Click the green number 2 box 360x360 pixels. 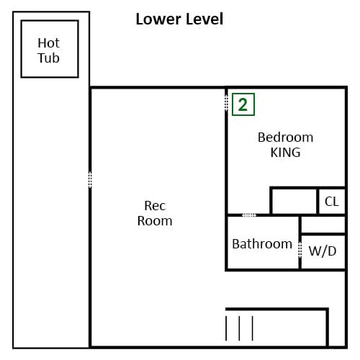[x=243, y=104]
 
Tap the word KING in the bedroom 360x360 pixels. [x=285, y=153]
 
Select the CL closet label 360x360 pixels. [x=331, y=202]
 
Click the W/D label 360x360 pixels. [x=322, y=251]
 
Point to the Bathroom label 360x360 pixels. [x=262, y=244]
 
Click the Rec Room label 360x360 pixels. [x=155, y=213]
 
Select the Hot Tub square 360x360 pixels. [x=49, y=49]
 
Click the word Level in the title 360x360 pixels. [x=202, y=19]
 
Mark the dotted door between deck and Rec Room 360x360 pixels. [x=90, y=179]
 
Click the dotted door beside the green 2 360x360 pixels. [x=226, y=104]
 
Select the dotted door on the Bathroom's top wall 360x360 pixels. [x=248, y=215]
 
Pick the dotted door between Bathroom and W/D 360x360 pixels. [x=300, y=250]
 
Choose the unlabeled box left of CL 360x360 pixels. [x=294, y=201]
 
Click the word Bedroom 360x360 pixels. [x=285, y=138]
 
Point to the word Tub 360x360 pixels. [x=49, y=58]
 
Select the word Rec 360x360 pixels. [x=155, y=206]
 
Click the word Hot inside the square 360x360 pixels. [x=49, y=43]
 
